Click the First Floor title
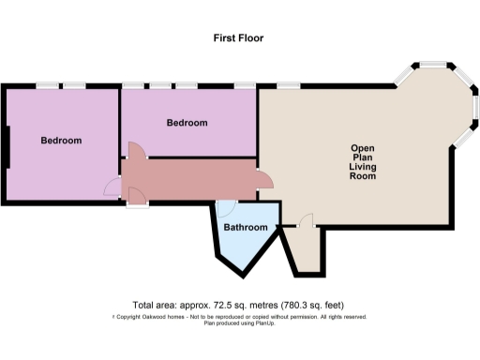pos(239,38)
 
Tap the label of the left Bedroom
pos(61,141)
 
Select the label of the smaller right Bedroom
pos(187,123)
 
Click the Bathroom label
pos(245,228)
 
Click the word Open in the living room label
pos(362,148)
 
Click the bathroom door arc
pos(225,208)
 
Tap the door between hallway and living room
pos(265,182)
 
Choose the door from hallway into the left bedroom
pos(113,187)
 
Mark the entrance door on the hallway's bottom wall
pos(137,195)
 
